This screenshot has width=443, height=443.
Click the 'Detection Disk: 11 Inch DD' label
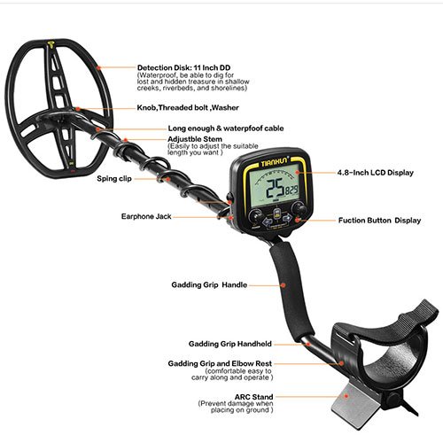[183, 68]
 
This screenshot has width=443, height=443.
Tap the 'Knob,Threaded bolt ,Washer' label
[188, 108]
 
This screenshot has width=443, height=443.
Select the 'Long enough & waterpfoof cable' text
[226, 128]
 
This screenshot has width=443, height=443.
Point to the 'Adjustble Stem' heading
[195, 139]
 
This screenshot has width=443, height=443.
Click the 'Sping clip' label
[114, 179]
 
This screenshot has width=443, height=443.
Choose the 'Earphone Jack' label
[146, 216]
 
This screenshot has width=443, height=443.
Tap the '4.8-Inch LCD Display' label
[376, 173]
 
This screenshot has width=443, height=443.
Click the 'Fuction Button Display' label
[379, 221]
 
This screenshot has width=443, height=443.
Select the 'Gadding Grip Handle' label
[209, 285]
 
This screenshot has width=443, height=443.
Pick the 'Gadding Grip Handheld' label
[230, 344]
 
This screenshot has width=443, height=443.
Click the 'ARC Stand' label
[253, 397]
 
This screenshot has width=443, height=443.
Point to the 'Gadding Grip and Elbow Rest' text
[220, 363]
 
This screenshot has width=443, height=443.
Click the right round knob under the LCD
[299, 209]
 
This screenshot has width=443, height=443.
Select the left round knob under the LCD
[256, 215]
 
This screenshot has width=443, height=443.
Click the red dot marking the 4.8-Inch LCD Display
[298, 173]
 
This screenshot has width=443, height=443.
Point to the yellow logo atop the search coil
[51, 45]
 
